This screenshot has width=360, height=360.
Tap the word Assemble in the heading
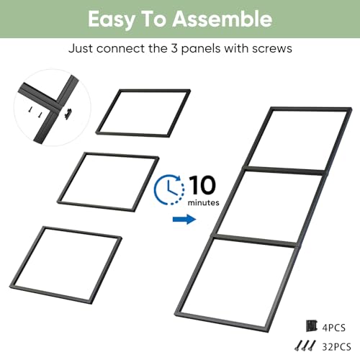tap(222, 19)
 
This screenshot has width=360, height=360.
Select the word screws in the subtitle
tap(272, 49)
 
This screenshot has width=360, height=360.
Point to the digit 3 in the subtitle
tap(174, 48)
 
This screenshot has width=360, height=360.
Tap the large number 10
tap(202, 185)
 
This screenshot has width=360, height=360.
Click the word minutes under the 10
tap(203, 202)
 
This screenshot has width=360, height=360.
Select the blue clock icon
tap(169, 189)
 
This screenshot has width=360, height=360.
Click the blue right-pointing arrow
tap(184, 219)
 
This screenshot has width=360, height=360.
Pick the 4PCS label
tap(334, 328)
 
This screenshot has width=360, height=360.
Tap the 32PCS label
tap(336, 347)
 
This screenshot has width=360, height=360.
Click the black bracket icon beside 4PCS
tap(312, 326)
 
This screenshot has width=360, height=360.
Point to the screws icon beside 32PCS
tap(305, 346)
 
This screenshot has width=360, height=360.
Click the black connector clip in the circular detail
tap(68, 114)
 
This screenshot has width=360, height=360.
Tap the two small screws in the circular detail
tap(35, 112)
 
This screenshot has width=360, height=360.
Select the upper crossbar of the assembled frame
tap(284, 170)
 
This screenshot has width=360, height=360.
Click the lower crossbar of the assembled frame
tap(255, 240)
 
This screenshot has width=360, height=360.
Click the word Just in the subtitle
tap(81, 48)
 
